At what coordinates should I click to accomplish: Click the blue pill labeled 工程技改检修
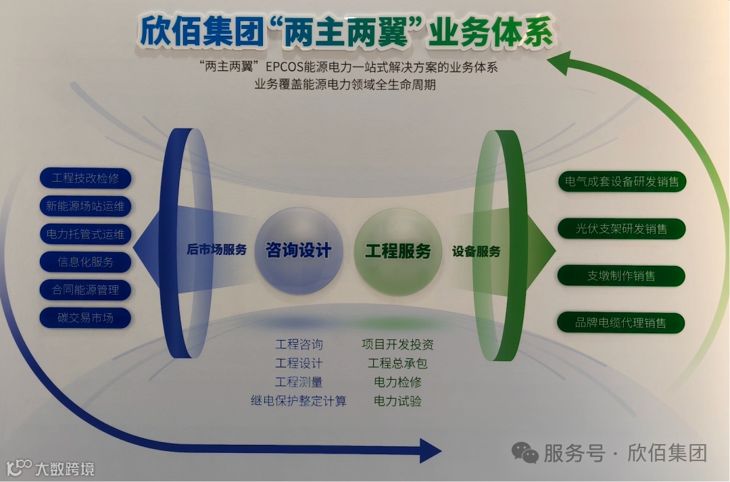click(x=85, y=178)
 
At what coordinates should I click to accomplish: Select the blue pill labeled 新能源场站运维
click(x=85, y=206)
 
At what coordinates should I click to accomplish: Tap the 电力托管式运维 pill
click(x=85, y=235)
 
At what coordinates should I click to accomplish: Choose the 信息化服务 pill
click(x=85, y=262)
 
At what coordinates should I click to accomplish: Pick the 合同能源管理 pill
click(x=85, y=290)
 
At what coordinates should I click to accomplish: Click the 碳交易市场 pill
click(x=85, y=318)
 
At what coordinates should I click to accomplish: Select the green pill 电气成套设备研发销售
click(x=622, y=181)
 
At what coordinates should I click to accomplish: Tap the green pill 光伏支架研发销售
click(x=622, y=228)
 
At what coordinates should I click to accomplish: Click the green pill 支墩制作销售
click(x=622, y=276)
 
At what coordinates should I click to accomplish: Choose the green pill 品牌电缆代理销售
click(x=622, y=322)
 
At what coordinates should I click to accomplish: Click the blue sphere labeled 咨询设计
click(x=298, y=251)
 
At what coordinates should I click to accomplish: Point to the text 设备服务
click(x=477, y=251)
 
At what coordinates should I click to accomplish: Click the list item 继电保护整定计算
click(x=298, y=401)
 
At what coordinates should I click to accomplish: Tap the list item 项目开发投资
click(x=397, y=344)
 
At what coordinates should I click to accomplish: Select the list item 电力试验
click(x=397, y=401)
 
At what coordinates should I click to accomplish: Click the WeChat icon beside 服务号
click(x=525, y=452)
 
